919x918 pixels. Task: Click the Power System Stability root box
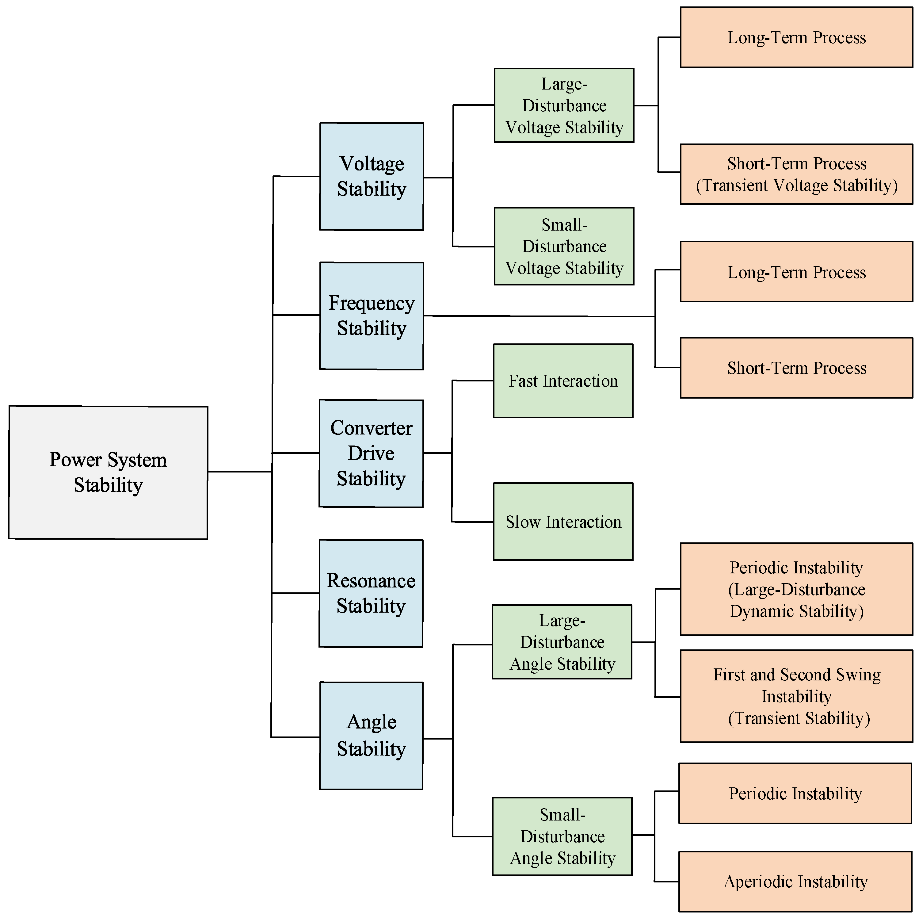[108, 472]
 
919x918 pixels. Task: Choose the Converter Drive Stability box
[371, 453]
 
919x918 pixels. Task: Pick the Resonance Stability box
[371, 593]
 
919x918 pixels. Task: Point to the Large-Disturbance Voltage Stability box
[564, 105]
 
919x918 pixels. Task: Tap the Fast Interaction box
[563, 381]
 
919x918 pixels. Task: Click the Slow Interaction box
[563, 522]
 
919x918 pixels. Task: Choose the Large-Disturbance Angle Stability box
[562, 642]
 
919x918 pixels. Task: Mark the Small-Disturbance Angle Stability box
[562, 836]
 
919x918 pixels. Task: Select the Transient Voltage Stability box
[796, 174]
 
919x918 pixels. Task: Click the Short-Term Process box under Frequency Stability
[796, 368]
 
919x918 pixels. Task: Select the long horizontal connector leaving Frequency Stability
[537, 316]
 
